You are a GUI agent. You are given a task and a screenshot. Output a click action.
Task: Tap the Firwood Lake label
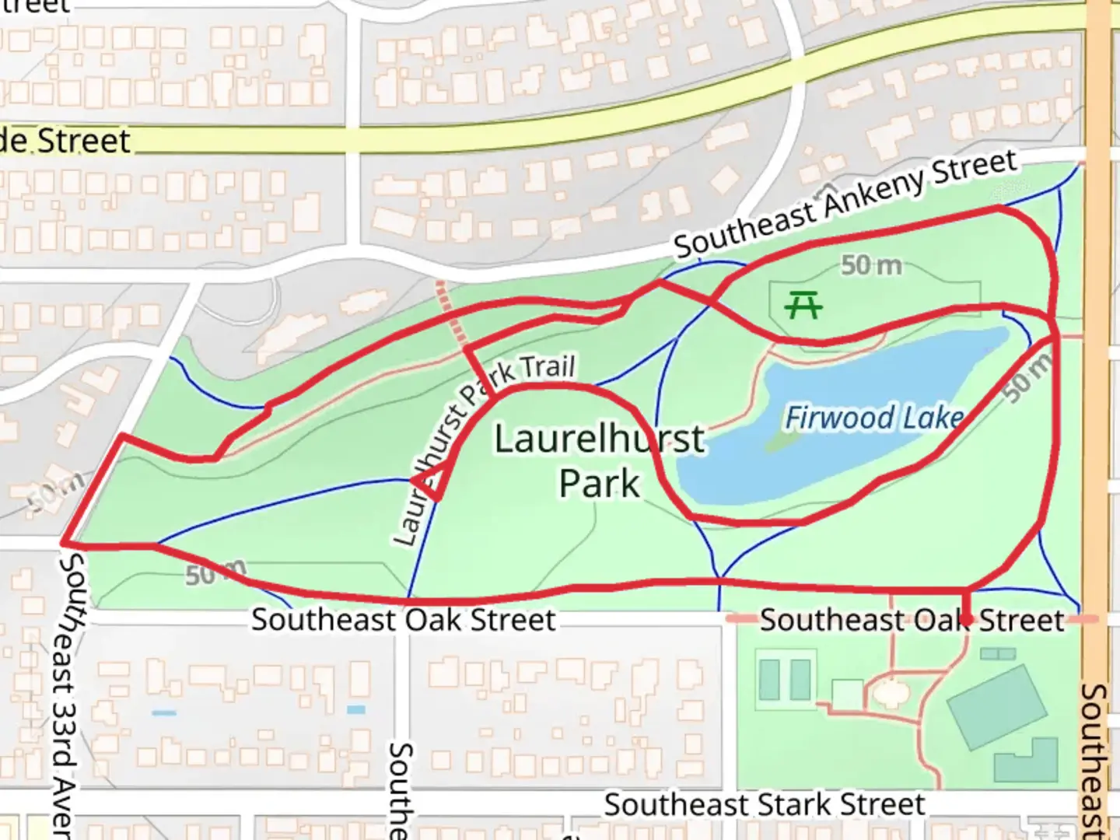[x=874, y=418]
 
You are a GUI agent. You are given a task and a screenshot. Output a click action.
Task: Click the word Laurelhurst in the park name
[x=599, y=439]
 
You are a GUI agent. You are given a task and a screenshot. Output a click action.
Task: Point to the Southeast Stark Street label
[x=765, y=805]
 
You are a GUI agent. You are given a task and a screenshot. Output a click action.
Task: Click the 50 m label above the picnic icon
[x=871, y=266]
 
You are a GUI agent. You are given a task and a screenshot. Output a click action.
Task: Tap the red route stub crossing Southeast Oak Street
[x=966, y=605]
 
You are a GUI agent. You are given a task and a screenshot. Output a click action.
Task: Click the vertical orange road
[x=1098, y=389]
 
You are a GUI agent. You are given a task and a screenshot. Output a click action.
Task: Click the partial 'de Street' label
[x=65, y=141]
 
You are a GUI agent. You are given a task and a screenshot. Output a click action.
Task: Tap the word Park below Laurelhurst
[x=599, y=483]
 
